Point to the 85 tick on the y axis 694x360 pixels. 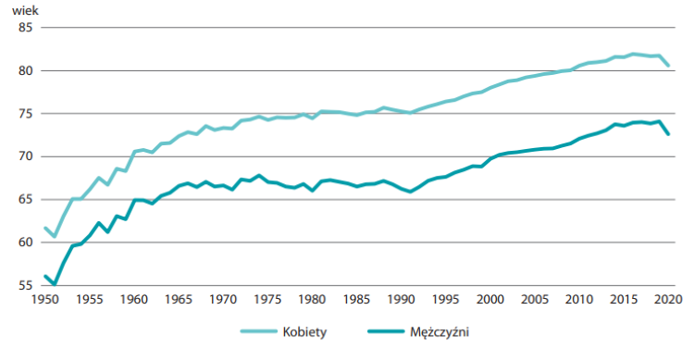coord(25,28)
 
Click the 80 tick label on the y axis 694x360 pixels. coord(25,71)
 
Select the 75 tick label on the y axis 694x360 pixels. coord(25,114)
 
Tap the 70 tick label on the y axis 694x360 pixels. coord(25,156)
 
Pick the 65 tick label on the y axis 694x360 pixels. coord(25,200)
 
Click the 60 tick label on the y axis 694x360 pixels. coord(25,242)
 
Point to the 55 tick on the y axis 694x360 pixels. coord(25,285)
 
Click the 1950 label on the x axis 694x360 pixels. coord(45,300)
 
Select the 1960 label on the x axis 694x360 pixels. coord(134,300)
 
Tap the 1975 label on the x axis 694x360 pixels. coord(267,300)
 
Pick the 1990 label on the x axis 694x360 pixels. coord(401,300)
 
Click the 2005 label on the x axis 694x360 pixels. coord(534,300)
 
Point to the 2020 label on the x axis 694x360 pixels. coord(667,300)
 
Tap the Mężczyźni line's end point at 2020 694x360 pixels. coord(668,134)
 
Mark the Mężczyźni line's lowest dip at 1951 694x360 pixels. coord(55,284)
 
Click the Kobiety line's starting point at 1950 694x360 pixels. coord(45,228)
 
